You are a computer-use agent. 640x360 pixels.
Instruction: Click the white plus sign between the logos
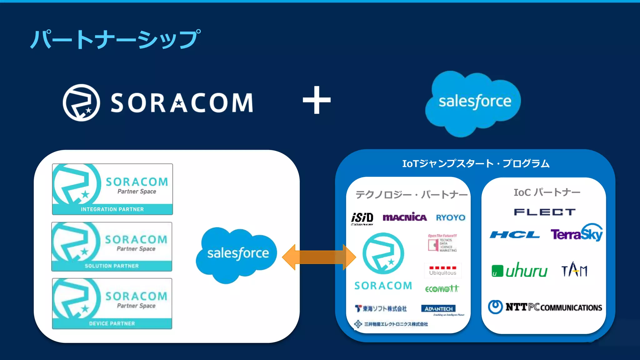(317, 100)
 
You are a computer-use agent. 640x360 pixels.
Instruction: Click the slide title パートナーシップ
(115, 39)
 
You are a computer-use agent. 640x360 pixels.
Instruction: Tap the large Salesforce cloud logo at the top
(474, 102)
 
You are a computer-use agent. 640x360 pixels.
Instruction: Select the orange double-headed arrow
(319, 257)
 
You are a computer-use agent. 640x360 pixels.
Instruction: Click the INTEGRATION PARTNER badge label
(112, 209)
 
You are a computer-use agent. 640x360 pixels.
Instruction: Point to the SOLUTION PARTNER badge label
(112, 266)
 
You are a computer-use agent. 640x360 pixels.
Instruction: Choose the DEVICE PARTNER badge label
(112, 323)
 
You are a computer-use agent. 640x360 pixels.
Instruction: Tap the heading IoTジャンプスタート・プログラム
(476, 163)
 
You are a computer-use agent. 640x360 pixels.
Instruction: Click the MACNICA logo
(404, 217)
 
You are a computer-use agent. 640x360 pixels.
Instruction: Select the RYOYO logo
(450, 217)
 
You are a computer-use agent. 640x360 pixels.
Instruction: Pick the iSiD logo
(362, 218)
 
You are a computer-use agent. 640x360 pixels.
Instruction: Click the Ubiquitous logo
(442, 271)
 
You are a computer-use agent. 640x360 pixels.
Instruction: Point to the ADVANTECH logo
(438, 309)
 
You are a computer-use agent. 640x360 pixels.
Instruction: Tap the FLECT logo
(544, 212)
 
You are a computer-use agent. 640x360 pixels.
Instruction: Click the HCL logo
(515, 235)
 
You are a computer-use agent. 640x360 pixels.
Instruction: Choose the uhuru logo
(519, 270)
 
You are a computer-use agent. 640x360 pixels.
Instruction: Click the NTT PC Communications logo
(545, 307)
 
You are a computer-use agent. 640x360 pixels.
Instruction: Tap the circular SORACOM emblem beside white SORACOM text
(81, 102)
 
